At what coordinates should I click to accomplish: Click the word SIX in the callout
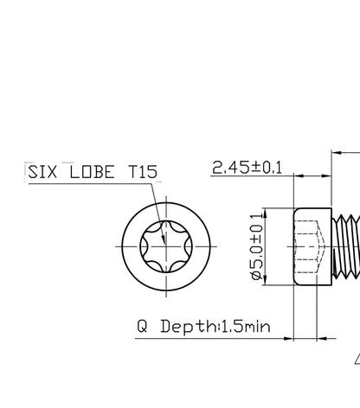pyautogui.click(x=42, y=172)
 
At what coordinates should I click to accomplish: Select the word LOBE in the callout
pyautogui.click(x=92, y=172)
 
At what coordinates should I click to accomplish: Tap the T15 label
pyautogui.click(x=143, y=172)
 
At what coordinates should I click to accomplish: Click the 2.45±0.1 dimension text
pyautogui.click(x=247, y=168)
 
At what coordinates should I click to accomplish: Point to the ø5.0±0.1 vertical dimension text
pyautogui.click(x=257, y=246)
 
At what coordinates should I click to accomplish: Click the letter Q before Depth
pyautogui.click(x=142, y=326)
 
